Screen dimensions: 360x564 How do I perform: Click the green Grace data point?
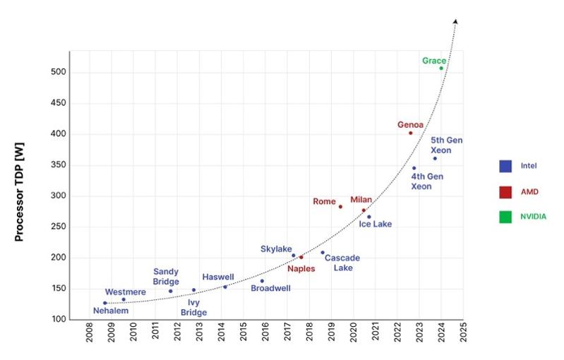click(441, 68)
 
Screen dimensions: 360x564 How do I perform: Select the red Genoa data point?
click(410, 133)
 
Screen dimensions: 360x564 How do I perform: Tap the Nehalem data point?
click(104, 303)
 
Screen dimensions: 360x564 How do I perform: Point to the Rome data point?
click(340, 207)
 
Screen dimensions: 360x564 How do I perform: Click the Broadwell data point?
click(262, 281)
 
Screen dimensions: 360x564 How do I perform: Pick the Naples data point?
click(301, 257)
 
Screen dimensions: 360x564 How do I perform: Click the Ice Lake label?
click(376, 224)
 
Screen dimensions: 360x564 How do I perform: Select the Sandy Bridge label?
click(166, 277)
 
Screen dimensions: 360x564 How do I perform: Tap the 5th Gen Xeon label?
click(447, 145)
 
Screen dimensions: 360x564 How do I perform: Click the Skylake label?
click(276, 249)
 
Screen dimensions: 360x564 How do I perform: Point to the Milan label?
click(361, 200)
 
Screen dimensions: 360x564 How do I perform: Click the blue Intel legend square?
click(505, 167)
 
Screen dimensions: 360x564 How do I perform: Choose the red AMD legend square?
click(505, 191)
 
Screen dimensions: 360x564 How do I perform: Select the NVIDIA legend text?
click(534, 217)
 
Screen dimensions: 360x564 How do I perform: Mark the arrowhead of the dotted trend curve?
click(456, 21)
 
